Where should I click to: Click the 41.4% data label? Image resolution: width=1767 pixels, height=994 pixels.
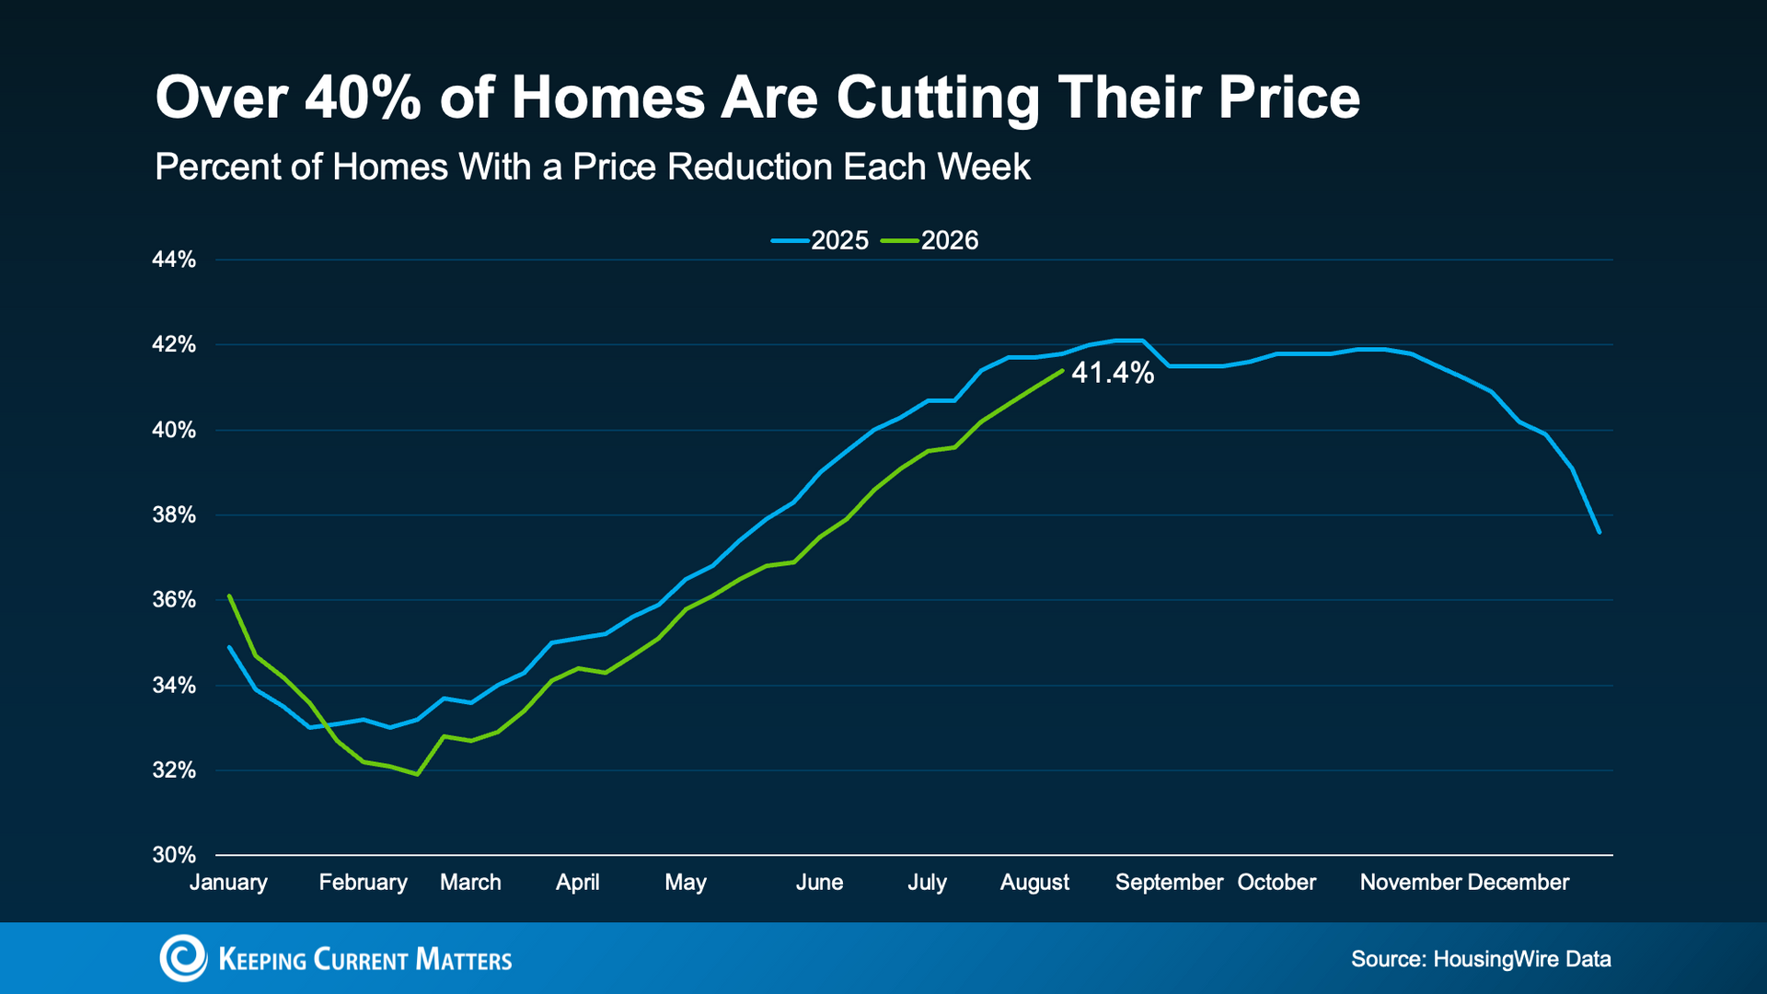(x=1113, y=373)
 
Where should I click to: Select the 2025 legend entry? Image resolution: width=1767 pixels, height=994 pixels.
(x=820, y=240)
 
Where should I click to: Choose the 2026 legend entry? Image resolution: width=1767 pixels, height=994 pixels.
(x=930, y=240)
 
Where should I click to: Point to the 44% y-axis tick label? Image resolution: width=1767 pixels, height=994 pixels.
(x=174, y=260)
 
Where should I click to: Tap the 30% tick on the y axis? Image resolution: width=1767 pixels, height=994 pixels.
(x=174, y=855)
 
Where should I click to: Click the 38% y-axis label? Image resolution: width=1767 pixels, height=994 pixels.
(x=174, y=514)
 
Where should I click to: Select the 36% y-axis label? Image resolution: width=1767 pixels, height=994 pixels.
(x=174, y=600)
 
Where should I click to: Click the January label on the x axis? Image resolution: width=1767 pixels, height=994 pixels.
(x=228, y=883)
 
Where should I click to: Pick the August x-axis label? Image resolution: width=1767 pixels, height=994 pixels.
(x=1034, y=883)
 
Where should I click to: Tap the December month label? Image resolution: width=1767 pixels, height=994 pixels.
(x=1518, y=883)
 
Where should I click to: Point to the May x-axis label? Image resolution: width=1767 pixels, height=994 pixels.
(x=686, y=883)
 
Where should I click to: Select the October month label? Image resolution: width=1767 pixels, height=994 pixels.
(x=1276, y=883)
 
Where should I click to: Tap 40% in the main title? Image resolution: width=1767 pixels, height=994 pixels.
(x=363, y=98)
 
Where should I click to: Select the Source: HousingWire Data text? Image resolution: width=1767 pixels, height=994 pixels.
(x=1481, y=959)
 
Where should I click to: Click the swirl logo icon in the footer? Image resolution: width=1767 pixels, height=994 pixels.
(x=183, y=958)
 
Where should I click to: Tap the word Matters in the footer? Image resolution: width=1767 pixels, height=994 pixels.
(x=463, y=959)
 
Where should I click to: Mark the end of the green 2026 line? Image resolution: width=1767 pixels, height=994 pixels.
(x=1063, y=371)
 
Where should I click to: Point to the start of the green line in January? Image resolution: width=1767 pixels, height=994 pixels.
(x=229, y=595)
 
